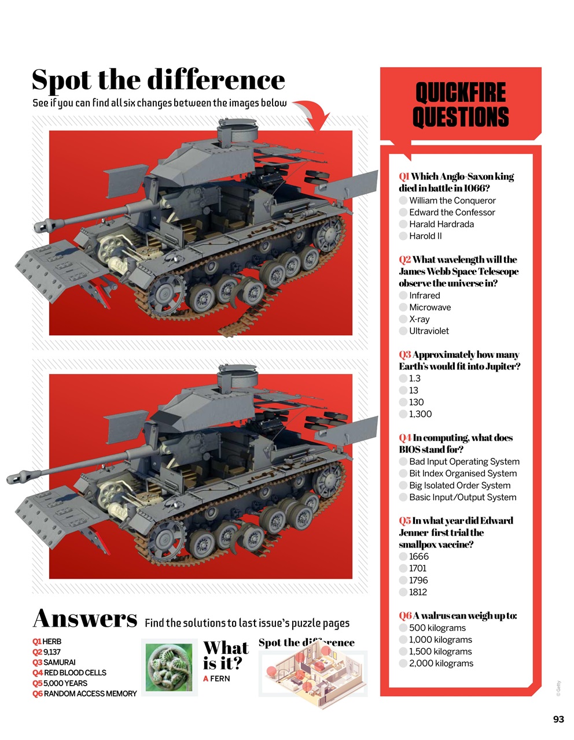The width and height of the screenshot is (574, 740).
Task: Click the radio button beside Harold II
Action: [x=403, y=236]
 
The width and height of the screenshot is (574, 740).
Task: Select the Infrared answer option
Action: [x=403, y=295]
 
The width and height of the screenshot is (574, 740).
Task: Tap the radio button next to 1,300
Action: [x=403, y=414]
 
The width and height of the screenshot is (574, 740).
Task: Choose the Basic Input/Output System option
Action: [x=403, y=497]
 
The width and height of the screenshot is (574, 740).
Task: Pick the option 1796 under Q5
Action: [x=403, y=580]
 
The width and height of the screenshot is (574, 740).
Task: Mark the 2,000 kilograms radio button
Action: [x=403, y=664]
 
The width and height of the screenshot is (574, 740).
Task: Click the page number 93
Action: [x=558, y=719]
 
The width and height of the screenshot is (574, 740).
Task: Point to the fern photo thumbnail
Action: [x=169, y=667]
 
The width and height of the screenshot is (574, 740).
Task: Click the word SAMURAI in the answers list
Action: [x=60, y=663]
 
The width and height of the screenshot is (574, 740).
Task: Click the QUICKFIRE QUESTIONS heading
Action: [x=461, y=105]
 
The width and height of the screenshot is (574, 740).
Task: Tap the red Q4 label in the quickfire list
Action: [x=405, y=438]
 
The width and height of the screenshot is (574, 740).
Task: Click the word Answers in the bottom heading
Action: [x=85, y=619]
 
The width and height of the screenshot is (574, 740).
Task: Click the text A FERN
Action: [x=216, y=679]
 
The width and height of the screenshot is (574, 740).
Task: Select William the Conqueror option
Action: [x=403, y=201]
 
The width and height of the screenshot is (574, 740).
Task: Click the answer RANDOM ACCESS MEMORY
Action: [x=90, y=694]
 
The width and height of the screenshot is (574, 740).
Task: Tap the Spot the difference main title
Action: [x=158, y=80]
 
